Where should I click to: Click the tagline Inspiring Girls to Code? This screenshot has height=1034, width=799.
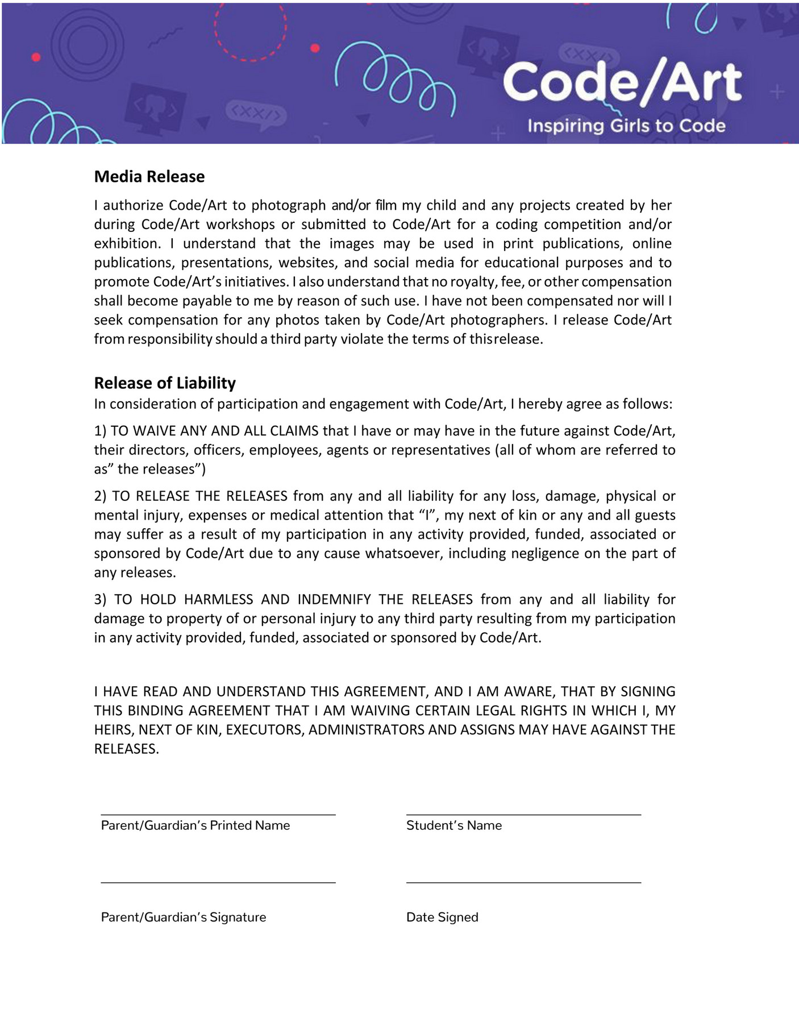pyautogui.click(x=626, y=126)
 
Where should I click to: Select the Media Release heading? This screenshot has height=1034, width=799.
pyautogui.click(x=149, y=176)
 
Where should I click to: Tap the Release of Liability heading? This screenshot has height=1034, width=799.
pyautogui.click(x=165, y=383)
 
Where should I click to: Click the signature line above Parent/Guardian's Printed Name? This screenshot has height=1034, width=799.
pyautogui.click(x=218, y=815)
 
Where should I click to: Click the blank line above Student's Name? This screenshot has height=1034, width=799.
pyautogui.click(x=523, y=815)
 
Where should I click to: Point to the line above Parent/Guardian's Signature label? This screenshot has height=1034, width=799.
pyautogui.click(x=218, y=882)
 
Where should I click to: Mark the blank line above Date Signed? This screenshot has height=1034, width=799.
pyautogui.click(x=523, y=882)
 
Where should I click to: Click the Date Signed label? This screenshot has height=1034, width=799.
pyautogui.click(x=442, y=917)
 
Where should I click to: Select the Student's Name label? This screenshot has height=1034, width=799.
pyautogui.click(x=453, y=825)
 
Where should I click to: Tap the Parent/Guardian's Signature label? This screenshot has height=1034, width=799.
pyautogui.click(x=183, y=917)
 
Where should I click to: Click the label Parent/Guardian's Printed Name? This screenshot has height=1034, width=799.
pyautogui.click(x=195, y=825)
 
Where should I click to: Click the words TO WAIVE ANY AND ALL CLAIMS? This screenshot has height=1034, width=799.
pyautogui.click(x=215, y=431)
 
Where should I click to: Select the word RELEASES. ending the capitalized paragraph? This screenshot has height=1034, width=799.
pyautogui.click(x=126, y=749)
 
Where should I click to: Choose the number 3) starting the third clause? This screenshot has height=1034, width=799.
pyautogui.click(x=101, y=599)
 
